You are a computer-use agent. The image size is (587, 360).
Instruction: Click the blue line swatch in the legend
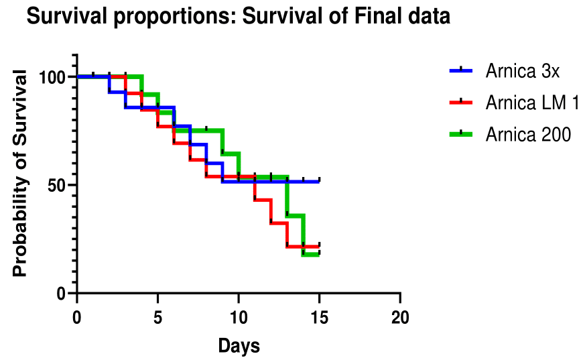(460, 70)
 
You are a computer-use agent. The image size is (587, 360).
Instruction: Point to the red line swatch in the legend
(460, 103)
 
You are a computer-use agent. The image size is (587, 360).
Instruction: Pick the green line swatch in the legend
(460, 134)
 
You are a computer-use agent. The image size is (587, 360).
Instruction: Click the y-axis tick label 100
(53, 76)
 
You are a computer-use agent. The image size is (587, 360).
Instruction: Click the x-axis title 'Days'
(239, 346)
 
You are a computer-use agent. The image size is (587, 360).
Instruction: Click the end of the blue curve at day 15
(319, 181)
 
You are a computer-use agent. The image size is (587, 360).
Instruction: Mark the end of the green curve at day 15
(319, 255)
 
